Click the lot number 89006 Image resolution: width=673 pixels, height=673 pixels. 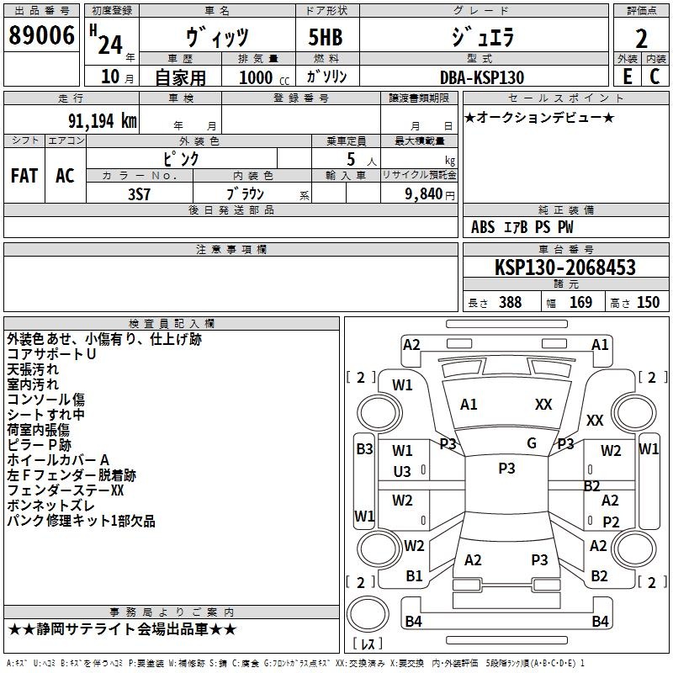click(41, 35)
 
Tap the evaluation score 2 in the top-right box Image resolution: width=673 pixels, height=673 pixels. click(641, 39)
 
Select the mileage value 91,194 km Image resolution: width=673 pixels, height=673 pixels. click(103, 121)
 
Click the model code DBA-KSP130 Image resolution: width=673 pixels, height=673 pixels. click(482, 77)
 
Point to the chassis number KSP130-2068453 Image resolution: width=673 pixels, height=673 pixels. click(565, 268)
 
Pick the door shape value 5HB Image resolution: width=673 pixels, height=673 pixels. click(326, 37)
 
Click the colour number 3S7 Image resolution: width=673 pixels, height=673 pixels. click(139, 194)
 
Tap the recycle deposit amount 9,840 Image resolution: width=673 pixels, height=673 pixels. click(424, 194)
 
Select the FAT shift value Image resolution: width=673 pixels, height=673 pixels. click(24, 176)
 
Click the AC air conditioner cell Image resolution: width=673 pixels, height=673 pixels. click(66, 176)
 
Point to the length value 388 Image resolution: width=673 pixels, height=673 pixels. click(511, 303)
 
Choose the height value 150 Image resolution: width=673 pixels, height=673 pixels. click(648, 303)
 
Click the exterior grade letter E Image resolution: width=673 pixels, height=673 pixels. click(628, 77)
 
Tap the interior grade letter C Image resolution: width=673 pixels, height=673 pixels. click(654, 77)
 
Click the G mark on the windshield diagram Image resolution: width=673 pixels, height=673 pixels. click(532, 443)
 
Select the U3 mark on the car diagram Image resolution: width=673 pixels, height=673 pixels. click(402, 472)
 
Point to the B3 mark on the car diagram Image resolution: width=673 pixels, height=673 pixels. click(364, 449)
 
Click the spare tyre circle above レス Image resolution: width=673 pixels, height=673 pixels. click(368, 613)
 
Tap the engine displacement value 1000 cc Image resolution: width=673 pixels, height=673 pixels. click(264, 77)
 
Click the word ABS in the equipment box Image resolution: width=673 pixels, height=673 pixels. click(483, 227)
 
